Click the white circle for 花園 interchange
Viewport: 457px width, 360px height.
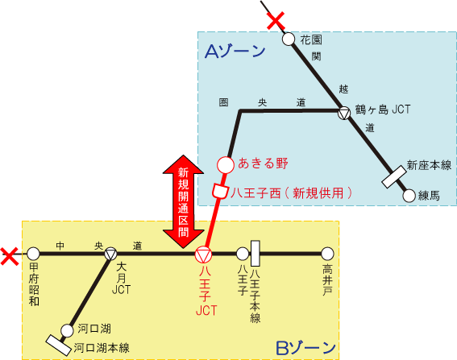pos(289,39)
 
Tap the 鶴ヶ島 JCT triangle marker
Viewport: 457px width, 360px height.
pos(344,113)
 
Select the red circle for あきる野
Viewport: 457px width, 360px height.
pos(226,165)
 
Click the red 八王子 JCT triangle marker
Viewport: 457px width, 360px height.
pos(203,254)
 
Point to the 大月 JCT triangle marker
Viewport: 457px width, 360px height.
pos(110,254)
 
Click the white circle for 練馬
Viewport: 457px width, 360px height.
pos(409,196)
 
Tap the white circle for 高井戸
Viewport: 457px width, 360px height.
pos(327,254)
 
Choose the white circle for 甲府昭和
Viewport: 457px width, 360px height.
pos(34,254)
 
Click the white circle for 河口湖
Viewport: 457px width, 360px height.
pos(68,330)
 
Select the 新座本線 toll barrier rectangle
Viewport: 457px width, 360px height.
pos(394,177)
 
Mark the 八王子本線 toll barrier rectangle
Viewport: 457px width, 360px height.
pos(256,254)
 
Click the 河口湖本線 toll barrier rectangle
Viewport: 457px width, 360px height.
pos(59,346)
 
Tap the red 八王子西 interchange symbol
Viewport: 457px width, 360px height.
pos(220,191)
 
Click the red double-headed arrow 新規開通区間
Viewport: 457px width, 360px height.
pos(183,201)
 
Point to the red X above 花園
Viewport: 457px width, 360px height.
pos(276,21)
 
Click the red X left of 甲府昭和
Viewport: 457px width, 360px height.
pos(10,256)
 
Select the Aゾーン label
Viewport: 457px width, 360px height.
pos(235,52)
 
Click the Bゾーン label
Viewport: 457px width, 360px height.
pos(305,348)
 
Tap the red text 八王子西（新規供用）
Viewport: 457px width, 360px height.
pos(292,192)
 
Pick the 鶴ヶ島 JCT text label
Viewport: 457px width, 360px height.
pos(383,110)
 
